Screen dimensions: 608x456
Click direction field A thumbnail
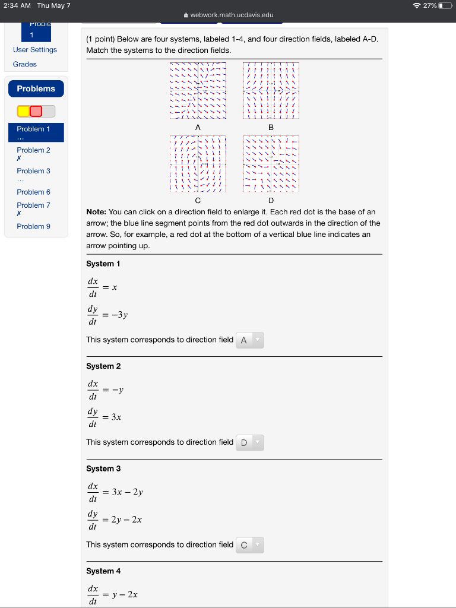(x=198, y=90)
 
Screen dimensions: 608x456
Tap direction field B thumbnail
(x=271, y=90)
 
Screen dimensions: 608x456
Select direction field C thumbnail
(x=198, y=163)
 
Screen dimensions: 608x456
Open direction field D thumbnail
(x=271, y=163)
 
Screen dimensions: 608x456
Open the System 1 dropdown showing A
(x=249, y=340)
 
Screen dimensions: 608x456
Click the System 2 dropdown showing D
(x=249, y=443)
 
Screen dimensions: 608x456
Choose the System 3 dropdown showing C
(x=249, y=545)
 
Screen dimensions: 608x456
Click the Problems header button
(x=36, y=88)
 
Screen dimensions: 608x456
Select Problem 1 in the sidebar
(x=33, y=129)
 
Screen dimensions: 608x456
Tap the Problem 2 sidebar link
(x=33, y=150)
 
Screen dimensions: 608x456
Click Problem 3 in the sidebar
(x=33, y=171)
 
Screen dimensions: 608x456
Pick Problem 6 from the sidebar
(x=33, y=192)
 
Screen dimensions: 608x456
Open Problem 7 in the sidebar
(x=33, y=205)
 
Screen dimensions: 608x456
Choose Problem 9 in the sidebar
(x=33, y=226)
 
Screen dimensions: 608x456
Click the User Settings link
(x=35, y=50)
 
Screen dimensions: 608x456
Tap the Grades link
(x=25, y=64)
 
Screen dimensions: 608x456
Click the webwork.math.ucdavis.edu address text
(x=232, y=15)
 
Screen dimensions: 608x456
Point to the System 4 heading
(x=103, y=571)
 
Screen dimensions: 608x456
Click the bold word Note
(x=96, y=212)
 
